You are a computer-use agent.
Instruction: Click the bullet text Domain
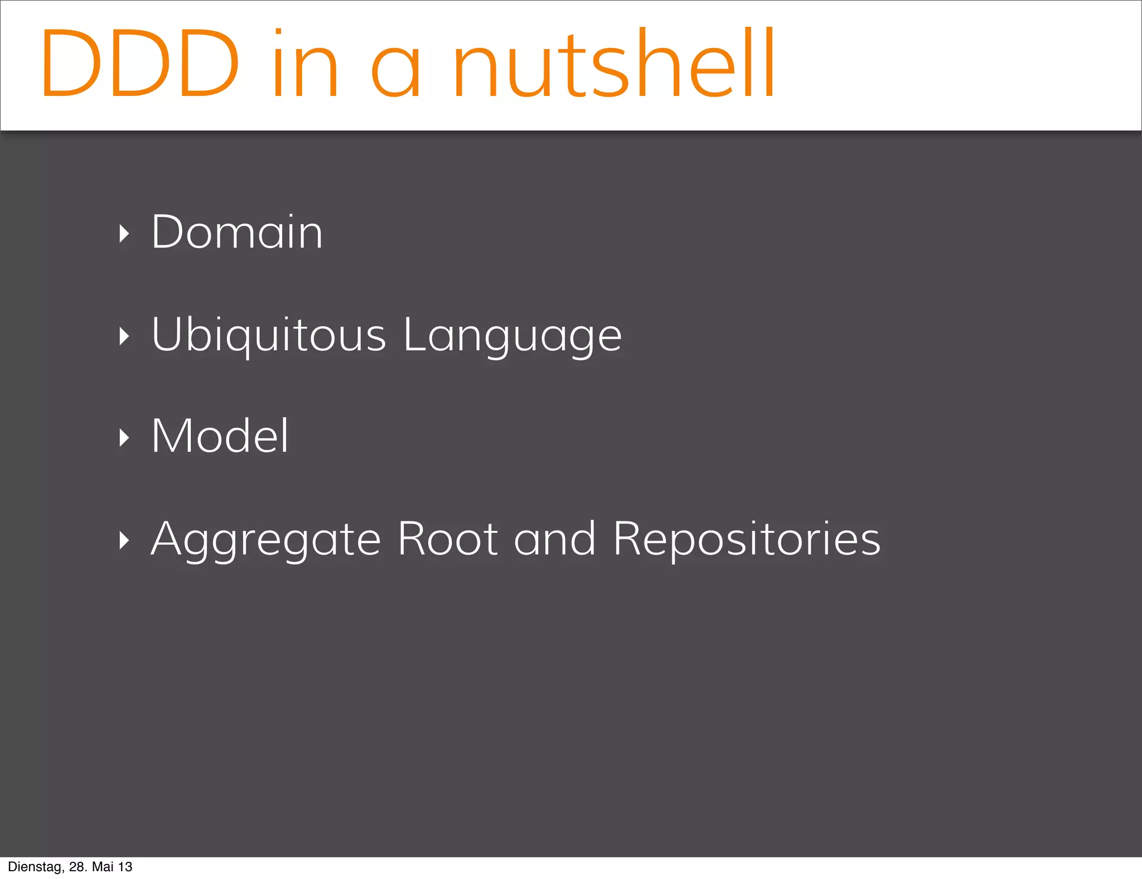(237, 232)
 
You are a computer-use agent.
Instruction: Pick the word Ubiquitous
(269, 335)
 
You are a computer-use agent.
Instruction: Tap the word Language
(512, 336)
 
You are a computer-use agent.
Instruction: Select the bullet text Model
(220, 436)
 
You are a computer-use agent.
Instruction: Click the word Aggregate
(266, 540)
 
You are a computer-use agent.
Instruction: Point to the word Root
(448, 539)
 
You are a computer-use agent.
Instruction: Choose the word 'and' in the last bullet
(555, 539)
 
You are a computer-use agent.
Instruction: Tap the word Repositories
(747, 540)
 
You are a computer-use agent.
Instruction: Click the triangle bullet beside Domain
(124, 234)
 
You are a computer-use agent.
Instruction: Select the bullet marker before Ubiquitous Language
(124, 336)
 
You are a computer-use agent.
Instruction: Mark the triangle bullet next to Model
(124, 438)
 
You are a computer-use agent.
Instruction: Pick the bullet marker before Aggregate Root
(124, 540)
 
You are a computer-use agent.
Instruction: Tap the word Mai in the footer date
(103, 867)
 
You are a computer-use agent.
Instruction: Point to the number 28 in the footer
(77, 867)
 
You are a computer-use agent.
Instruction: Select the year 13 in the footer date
(125, 867)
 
